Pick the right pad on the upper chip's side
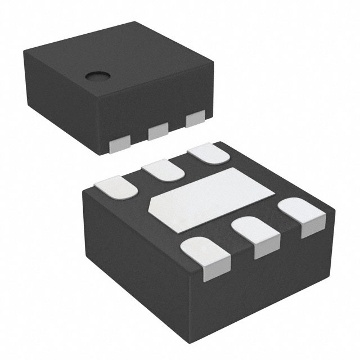[195, 119]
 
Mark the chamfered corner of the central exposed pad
[152, 204]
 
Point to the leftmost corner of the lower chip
[83, 191]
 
